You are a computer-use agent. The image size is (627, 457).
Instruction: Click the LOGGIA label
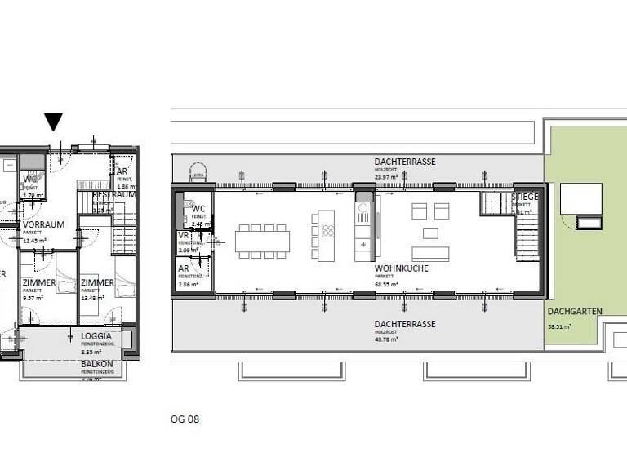click(97, 336)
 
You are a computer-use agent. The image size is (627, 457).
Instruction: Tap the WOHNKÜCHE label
click(402, 268)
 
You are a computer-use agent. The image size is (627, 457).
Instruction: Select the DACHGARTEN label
click(569, 311)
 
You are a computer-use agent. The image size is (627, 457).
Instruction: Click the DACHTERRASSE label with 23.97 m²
click(405, 162)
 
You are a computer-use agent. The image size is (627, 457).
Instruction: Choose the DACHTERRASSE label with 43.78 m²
click(405, 324)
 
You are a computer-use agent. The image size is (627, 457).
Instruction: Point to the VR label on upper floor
click(183, 235)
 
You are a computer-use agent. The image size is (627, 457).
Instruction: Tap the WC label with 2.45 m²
click(198, 209)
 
